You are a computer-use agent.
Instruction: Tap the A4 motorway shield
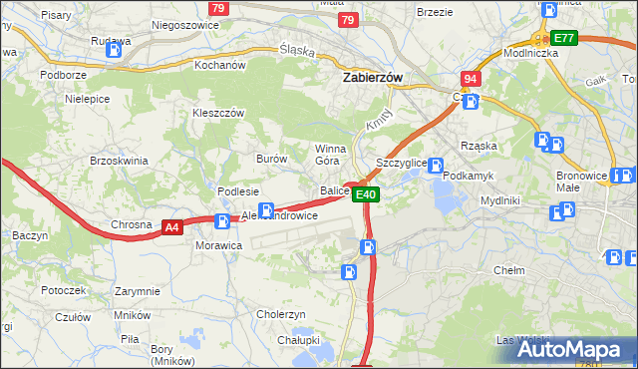(x=172, y=227)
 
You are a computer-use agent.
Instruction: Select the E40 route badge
(x=367, y=194)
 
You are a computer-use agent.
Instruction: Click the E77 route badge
(x=565, y=38)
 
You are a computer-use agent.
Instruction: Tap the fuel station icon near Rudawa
(x=118, y=46)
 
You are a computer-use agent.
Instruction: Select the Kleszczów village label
(x=218, y=113)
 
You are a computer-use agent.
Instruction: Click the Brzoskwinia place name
(x=119, y=161)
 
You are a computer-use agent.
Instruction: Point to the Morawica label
(x=218, y=245)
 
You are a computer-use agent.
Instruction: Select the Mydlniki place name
(x=499, y=199)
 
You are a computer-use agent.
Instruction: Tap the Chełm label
(x=508, y=270)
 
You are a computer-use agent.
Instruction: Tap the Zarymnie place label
(x=137, y=291)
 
